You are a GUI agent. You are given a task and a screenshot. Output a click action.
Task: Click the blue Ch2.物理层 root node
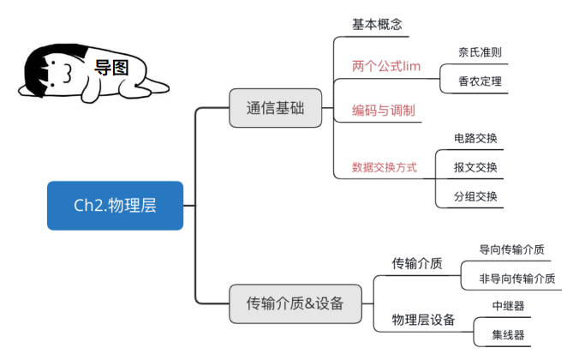coord(115,206)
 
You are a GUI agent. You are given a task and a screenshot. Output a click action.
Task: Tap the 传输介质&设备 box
coord(295,303)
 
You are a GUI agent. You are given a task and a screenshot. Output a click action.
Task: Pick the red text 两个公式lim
coord(386,66)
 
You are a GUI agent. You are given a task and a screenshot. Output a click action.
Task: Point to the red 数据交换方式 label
coord(385,167)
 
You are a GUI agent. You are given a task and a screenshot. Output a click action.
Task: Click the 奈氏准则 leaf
coord(480,52)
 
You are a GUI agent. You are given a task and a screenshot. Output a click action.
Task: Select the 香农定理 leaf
coord(480,82)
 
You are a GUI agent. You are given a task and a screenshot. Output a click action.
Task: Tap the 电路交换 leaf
coord(475,138)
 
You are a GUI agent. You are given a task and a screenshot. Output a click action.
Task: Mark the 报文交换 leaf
coord(475,167)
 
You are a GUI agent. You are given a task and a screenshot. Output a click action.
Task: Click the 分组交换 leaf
coord(475,196)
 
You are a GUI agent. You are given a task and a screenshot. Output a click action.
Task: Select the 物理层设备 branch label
coord(423,320)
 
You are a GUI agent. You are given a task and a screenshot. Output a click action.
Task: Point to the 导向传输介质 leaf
coord(512,249)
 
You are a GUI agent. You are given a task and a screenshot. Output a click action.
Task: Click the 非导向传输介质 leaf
coord(516,278)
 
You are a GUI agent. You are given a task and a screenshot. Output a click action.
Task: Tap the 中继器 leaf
coord(508,306)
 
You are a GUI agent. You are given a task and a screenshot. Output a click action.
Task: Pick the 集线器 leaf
coord(508,334)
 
